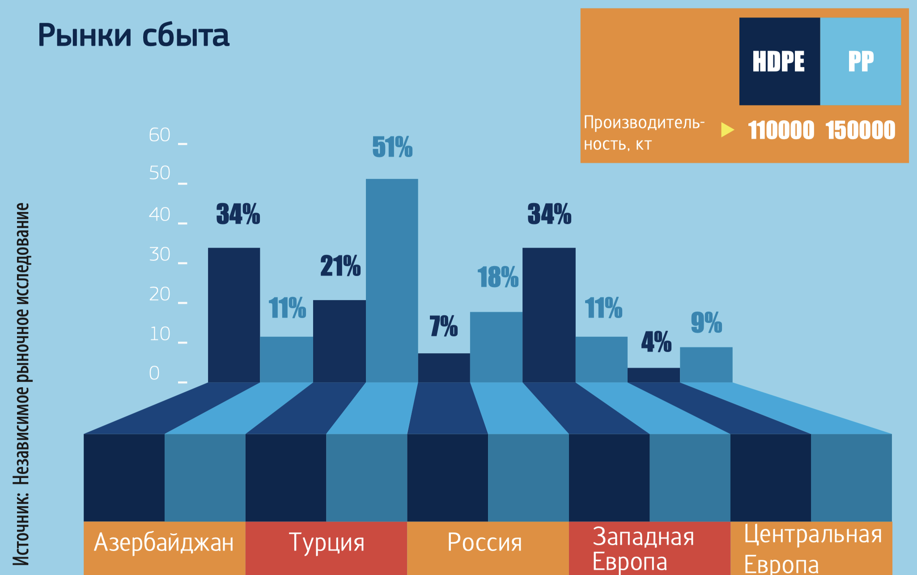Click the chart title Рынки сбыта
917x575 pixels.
click(x=133, y=35)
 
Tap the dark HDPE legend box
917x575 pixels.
click(x=779, y=61)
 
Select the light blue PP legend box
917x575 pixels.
click(x=861, y=61)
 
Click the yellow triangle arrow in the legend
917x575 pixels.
click(x=727, y=130)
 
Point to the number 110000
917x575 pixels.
click(x=781, y=131)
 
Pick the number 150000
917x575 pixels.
click(x=860, y=131)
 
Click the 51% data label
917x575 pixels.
click(x=392, y=147)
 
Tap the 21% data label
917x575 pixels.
click(x=340, y=266)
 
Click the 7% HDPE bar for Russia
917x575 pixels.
click(x=444, y=368)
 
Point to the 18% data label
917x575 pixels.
click(x=498, y=277)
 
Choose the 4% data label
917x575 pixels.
click(x=656, y=342)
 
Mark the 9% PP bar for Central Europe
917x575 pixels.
click(x=706, y=364)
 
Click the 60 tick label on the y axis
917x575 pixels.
click(x=160, y=135)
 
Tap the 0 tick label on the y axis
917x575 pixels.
click(x=154, y=373)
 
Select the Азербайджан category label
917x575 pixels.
click(x=164, y=543)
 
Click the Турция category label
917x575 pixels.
click(x=327, y=543)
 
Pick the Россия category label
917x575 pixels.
click(x=485, y=543)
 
